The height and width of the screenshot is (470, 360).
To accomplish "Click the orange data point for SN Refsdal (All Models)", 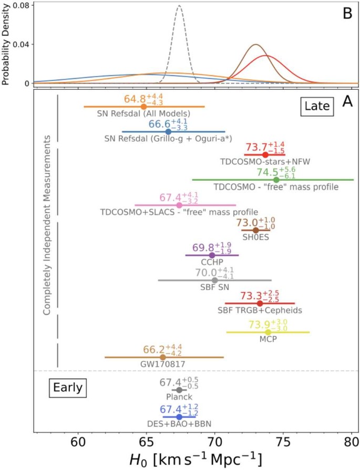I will coord(143,107).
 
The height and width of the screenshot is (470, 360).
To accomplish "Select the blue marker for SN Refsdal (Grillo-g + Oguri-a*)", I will coord(168,132).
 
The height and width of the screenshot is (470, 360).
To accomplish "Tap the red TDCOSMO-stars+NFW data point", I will coord(265,155).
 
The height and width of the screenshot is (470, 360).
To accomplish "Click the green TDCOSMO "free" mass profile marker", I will coord(276,180).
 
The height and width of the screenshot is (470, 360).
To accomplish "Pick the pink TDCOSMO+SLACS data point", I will coord(179,205).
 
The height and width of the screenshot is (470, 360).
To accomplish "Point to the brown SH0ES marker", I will coord(256,230).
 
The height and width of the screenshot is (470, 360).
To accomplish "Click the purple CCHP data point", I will coord(212,255).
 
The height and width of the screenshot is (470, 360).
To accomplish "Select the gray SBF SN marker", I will coord(214,280).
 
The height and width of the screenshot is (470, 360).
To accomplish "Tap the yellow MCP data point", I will coord(268,332).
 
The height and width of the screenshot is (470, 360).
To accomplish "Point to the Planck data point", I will coord(179,390).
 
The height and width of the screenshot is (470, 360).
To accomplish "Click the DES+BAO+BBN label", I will coord(179,424).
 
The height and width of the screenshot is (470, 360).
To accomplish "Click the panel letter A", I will coord(347,102).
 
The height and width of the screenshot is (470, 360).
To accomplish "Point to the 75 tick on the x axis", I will coord(283,443).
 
